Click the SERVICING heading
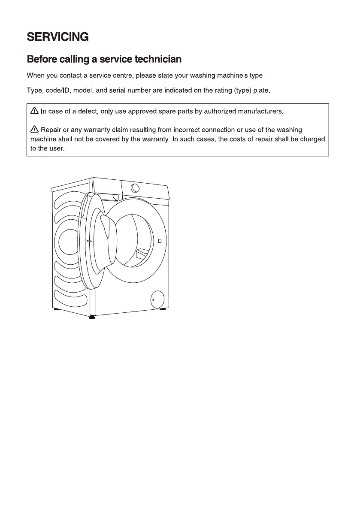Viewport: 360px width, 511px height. (x=57, y=37)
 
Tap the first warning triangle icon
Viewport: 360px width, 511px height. (x=35, y=112)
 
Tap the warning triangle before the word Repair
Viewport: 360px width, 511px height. (x=35, y=130)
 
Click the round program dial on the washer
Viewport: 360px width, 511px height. (x=135, y=188)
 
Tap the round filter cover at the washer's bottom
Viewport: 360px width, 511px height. (x=157, y=299)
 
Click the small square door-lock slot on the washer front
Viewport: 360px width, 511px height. (x=159, y=241)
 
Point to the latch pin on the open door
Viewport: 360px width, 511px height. (x=89, y=242)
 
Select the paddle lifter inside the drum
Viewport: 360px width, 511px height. (x=142, y=254)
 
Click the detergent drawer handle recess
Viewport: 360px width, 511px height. (x=115, y=197)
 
